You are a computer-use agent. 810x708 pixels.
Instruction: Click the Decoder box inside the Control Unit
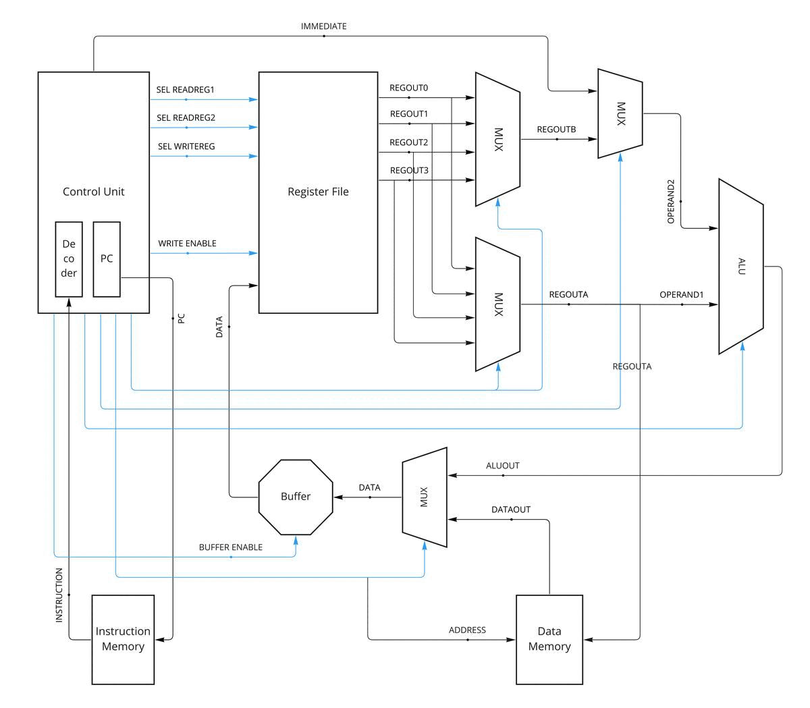click(x=69, y=259)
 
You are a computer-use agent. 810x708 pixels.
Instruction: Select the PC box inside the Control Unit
click(x=107, y=259)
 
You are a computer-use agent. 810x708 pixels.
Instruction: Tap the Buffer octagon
click(x=296, y=497)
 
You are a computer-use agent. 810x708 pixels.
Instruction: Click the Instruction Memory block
click(x=123, y=639)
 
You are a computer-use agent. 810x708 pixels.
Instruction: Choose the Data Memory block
click(x=549, y=639)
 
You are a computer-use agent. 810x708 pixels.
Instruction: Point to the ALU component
click(x=741, y=266)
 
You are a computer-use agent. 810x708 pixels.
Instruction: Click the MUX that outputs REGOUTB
click(x=498, y=139)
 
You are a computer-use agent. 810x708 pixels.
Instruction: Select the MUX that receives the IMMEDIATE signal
click(x=620, y=113)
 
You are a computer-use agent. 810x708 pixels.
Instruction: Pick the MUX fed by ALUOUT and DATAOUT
click(x=425, y=497)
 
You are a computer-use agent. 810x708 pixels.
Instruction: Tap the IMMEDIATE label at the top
click(x=323, y=26)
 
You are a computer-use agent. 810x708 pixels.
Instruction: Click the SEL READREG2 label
click(x=186, y=118)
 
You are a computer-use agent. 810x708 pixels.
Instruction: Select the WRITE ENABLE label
click(x=187, y=243)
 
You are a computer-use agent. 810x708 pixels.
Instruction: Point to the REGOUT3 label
click(x=409, y=171)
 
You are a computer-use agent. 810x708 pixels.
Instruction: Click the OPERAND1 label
click(x=681, y=295)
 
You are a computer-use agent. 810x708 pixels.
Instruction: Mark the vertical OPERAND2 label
click(x=671, y=202)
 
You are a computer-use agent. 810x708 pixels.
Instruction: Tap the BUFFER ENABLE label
click(x=231, y=547)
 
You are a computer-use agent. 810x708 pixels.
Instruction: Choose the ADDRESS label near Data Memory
click(x=467, y=630)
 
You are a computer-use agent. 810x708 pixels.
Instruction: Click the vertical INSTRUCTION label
click(x=59, y=595)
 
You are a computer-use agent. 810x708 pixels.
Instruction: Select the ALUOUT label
click(x=503, y=466)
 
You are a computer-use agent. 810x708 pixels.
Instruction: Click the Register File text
click(x=318, y=192)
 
